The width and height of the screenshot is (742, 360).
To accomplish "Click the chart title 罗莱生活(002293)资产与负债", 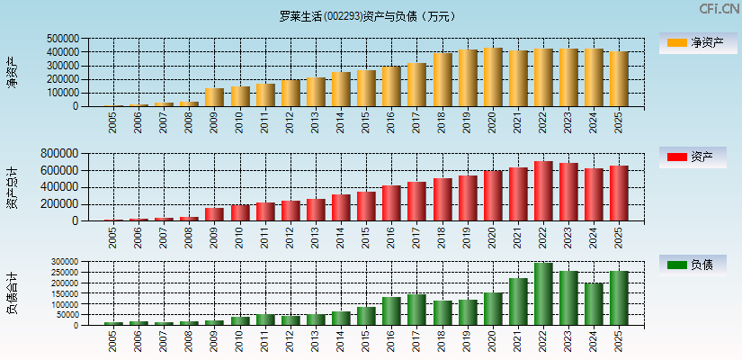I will [x=367, y=16].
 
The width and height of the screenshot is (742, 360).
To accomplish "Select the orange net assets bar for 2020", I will [x=493, y=77].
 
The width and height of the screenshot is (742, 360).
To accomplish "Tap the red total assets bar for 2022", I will [x=543, y=191].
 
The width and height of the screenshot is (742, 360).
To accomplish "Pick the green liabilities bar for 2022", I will [x=543, y=293].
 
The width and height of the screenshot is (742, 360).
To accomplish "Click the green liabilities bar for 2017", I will [x=416, y=310].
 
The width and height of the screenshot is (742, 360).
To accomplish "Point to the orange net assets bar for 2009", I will [x=214, y=97].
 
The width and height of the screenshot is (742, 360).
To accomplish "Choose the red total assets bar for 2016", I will [x=391, y=203].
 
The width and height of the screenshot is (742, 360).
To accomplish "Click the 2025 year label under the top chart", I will [x=619, y=122].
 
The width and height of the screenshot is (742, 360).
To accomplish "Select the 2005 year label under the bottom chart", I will [x=113, y=341].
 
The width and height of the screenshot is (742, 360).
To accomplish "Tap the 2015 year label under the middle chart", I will [x=366, y=238].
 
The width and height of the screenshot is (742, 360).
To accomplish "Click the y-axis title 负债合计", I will [x=13, y=292].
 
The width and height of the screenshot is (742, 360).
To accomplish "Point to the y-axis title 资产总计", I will [x=13, y=188].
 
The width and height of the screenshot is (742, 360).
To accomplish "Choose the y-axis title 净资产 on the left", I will [x=13, y=72].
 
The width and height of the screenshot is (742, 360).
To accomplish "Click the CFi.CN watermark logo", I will [x=720, y=8].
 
